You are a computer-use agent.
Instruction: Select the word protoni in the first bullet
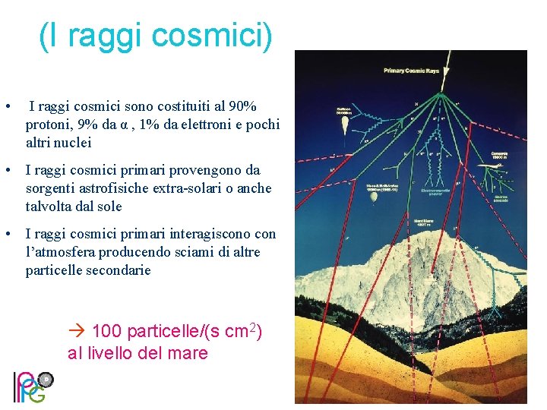50,125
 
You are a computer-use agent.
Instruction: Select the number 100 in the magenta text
107,332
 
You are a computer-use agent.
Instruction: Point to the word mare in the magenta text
188,353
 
